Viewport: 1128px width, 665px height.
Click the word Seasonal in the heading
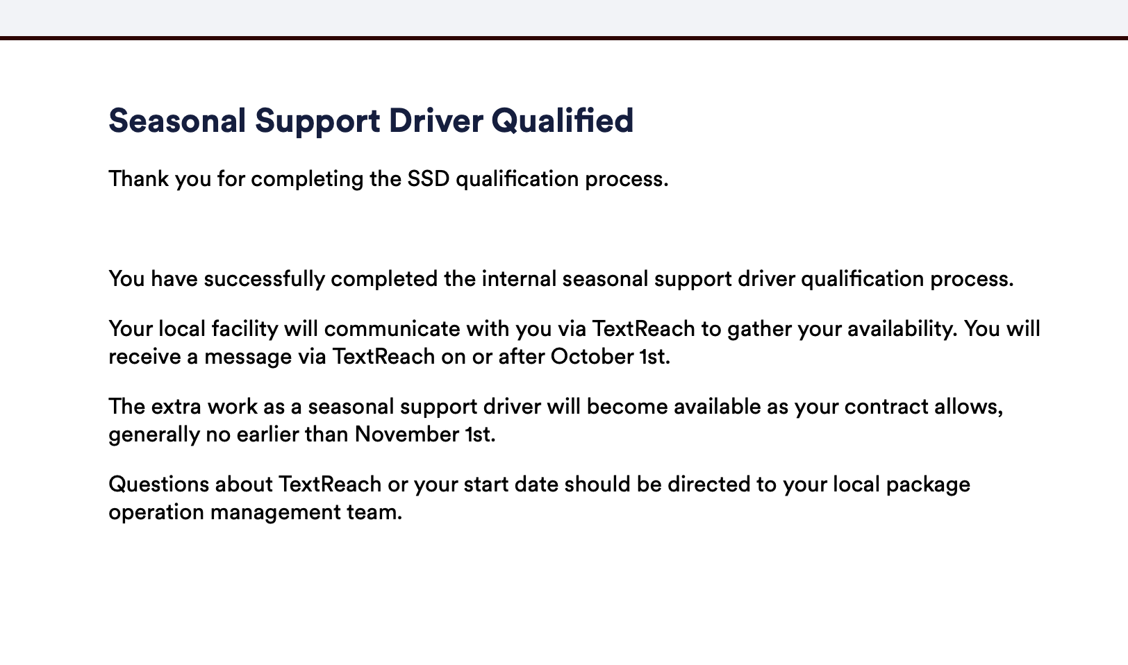pyautogui.click(x=177, y=121)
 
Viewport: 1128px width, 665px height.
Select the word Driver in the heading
pyautogui.click(x=436, y=121)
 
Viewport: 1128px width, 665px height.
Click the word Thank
pyautogui.click(x=139, y=178)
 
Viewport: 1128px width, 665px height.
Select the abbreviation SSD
pyautogui.click(x=428, y=178)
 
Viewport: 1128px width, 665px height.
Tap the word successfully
pyautogui.click(x=264, y=279)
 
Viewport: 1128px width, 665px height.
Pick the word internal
pyautogui.click(x=519, y=278)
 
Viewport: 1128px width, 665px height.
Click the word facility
pyautogui.click(x=244, y=329)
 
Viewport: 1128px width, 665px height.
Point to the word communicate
pyautogui.click(x=392, y=329)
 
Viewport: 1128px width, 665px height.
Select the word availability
pyautogui.click(x=902, y=329)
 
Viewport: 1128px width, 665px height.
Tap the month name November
pyautogui.click(x=407, y=434)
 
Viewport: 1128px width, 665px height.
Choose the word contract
pyautogui.click(x=886, y=407)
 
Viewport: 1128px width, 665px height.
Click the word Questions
pyautogui.click(x=158, y=485)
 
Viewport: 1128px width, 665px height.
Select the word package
pyautogui.click(x=928, y=485)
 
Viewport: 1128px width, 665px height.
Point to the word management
pyautogui.click(x=275, y=512)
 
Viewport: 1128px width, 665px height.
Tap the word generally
pyautogui.click(x=154, y=435)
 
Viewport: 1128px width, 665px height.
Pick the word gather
pyautogui.click(x=759, y=329)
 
